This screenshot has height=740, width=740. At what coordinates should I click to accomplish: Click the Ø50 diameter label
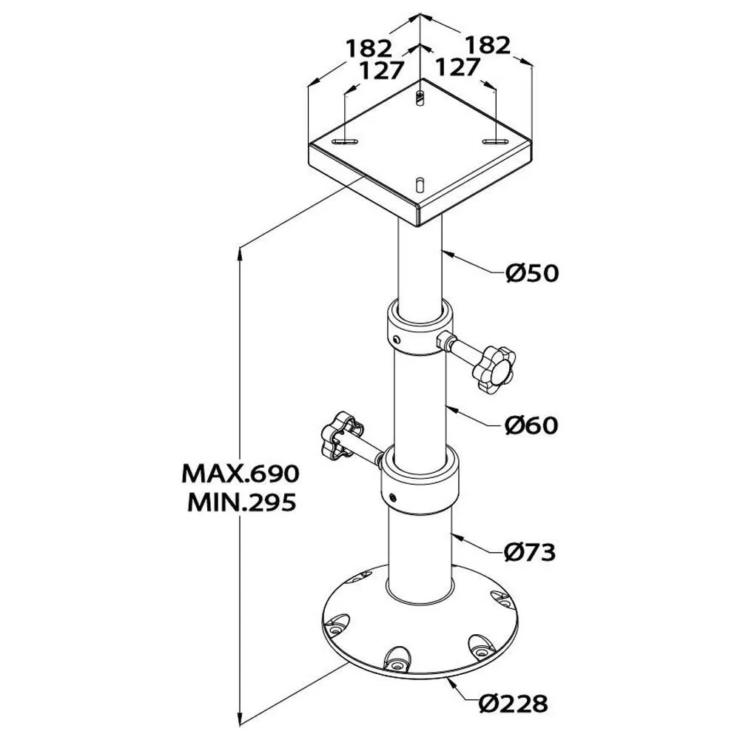(532, 273)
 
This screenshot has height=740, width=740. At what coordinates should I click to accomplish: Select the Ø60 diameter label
(531, 425)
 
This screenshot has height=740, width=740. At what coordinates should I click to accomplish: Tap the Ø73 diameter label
(530, 552)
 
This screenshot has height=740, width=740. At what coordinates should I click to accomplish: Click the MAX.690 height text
(240, 474)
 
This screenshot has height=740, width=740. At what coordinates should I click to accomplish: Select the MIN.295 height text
(242, 502)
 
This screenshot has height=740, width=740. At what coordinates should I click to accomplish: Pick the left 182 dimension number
(369, 48)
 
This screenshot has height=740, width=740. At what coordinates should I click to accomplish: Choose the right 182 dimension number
(488, 45)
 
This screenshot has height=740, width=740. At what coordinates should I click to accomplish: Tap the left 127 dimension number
(383, 71)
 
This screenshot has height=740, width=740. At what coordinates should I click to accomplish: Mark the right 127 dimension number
(457, 67)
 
